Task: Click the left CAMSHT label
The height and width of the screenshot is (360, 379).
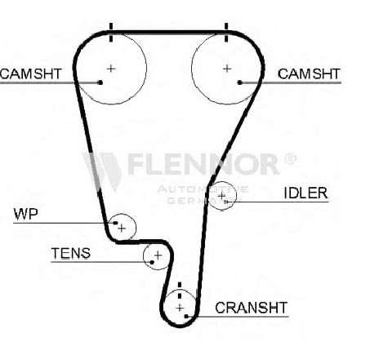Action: [31, 73]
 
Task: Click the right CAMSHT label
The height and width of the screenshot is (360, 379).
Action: [309, 73]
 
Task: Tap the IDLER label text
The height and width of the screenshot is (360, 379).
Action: [305, 193]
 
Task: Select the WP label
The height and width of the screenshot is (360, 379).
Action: [25, 214]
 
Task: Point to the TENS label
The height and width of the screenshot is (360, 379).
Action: [71, 253]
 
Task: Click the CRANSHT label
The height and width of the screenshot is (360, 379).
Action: [251, 308]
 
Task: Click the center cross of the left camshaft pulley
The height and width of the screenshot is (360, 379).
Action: [111, 69]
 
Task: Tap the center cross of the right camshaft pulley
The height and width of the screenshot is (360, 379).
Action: [227, 69]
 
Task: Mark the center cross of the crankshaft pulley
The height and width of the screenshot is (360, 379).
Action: [180, 308]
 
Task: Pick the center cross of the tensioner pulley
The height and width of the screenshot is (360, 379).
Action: [158, 256]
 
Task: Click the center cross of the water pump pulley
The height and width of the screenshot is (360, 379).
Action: [122, 229]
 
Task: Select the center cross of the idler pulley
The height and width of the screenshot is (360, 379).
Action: [221, 195]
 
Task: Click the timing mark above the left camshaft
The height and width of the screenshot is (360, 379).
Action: [111, 33]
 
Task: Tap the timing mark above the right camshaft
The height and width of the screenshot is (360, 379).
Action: [226, 33]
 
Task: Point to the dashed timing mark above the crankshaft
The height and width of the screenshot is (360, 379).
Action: [180, 291]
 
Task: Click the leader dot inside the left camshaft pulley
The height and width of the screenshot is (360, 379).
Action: [100, 82]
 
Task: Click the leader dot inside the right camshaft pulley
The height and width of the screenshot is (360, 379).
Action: [239, 82]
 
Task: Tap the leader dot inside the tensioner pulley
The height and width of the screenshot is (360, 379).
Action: [152, 262]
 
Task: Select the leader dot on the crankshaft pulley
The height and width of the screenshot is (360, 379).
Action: [186, 316]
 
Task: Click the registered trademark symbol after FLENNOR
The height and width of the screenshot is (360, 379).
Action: [290, 158]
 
